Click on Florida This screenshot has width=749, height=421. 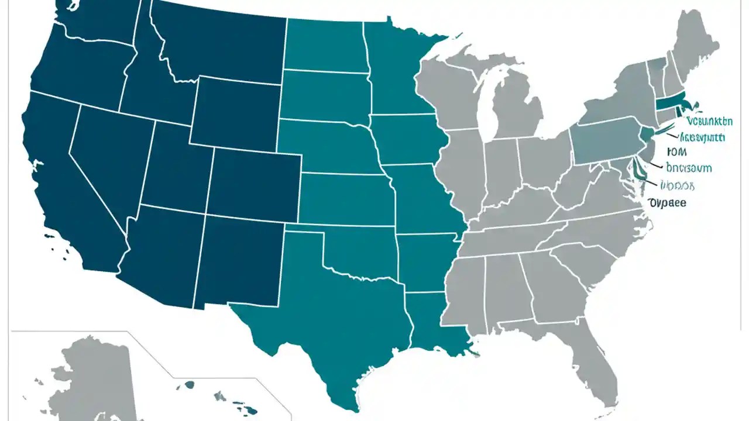(x=591, y=357)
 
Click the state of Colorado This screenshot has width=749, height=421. (x=255, y=181)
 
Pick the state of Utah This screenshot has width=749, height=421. (x=176, y=170)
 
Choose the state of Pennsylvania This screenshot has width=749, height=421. (x=606, y=140)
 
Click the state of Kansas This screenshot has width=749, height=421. (x=345, y=199)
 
